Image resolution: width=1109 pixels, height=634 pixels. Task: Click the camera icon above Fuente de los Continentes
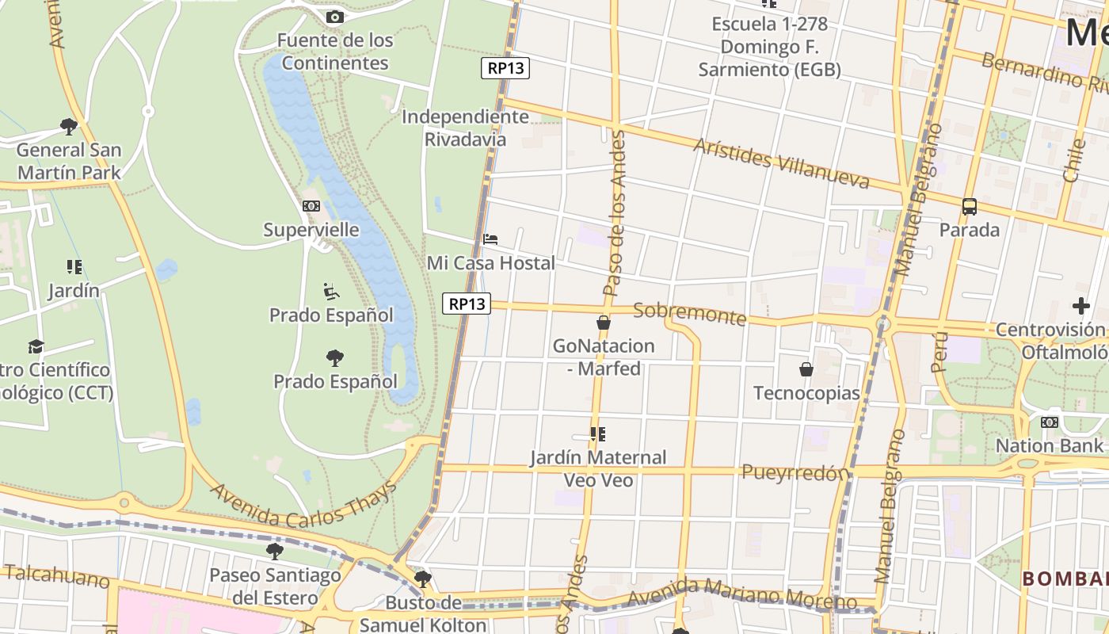pos(335,17)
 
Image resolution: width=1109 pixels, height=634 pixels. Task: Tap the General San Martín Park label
pos(69,161)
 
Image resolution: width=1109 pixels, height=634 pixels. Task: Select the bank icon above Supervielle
pos(311,206)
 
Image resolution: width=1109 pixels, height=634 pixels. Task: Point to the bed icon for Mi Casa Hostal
pos(490,239)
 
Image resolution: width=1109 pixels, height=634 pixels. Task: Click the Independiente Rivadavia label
pos(465,128)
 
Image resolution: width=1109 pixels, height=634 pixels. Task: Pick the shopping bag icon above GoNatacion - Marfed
pos(604,323)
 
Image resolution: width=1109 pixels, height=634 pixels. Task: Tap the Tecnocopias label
pos(806,393)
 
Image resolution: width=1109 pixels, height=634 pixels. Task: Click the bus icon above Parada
pos(970,207)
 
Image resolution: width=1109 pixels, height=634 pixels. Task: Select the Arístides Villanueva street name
pos(781,163)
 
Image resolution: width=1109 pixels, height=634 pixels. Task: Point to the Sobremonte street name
pos(689,314)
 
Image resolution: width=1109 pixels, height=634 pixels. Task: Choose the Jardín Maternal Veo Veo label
pos(598,468)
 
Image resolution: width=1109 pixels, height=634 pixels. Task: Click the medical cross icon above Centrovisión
pos(1081,306)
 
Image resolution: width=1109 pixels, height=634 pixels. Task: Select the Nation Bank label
pos(1049,445)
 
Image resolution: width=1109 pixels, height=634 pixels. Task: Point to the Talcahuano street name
pos(55,576)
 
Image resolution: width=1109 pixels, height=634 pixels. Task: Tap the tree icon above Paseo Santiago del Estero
pos(275,551)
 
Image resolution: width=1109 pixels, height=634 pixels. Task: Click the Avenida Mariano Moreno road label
pos(744,595)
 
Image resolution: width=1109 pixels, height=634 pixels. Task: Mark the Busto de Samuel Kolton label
pos(423,614)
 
